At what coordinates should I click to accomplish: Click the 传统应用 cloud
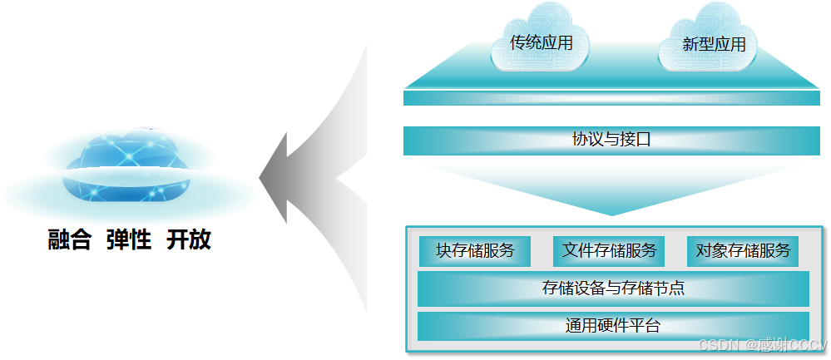(x=541, y=42)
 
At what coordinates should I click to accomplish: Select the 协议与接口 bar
(x=611, y=140)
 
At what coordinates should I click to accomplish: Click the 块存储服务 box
(x=474, y=250)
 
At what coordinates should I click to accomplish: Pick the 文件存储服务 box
(x=609, y=250)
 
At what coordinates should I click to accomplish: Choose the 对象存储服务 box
(x=742, y=250)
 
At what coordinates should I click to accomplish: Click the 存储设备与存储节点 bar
(x=612, y=288)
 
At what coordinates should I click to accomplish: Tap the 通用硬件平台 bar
(x=612, y=326)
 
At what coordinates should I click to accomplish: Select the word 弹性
(x=129, y=241)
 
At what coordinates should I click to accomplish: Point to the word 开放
(x=189, y=241)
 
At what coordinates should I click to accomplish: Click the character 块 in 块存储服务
(x=443, y=250)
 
